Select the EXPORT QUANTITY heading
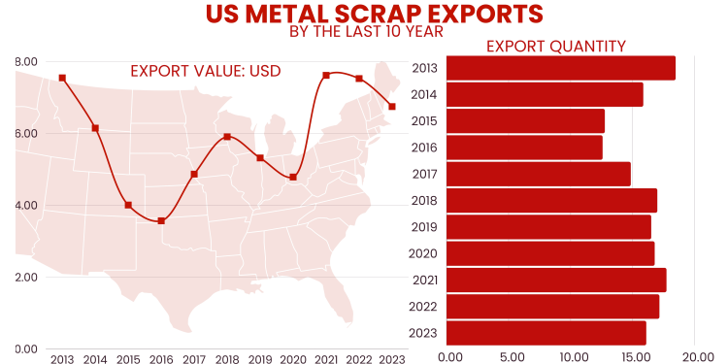coord(555,46)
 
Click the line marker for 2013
coord(62,78)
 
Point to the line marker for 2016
coord(161,221)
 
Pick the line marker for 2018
coord(227,137)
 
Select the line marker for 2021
coord(326,75)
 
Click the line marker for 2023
coord(392,107)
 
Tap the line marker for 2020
coord(293,177)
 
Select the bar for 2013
coord(562,68)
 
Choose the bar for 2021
coord(557,280)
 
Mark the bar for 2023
coord(547,333)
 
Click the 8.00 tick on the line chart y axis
coord(26,61)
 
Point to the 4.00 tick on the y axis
coord(26,205)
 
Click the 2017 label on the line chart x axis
coord(194,358)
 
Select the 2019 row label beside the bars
coord(425,227)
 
